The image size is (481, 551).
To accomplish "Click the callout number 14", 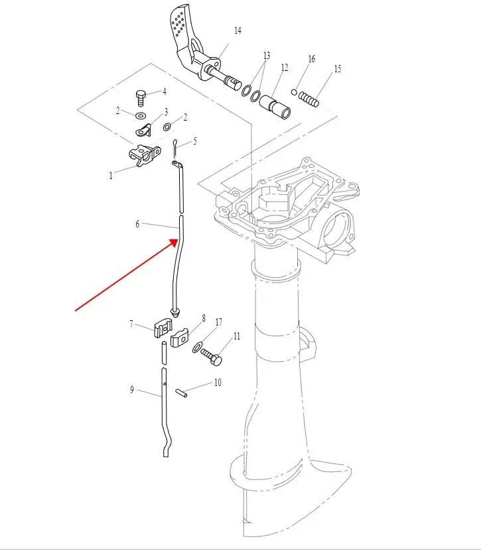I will pyautogui.click(x=238, y=31).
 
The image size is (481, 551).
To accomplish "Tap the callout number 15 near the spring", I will pyautogui.click(x=337, y=69).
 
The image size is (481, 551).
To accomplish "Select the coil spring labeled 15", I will pyautogui.click(x=309, y=98).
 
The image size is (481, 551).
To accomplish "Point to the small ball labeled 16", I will pyautogui.click(x=294, y=92).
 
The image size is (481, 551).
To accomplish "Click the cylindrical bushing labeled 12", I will pyautogui.click(x=276, y=106).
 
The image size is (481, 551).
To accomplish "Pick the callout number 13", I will pyautogui.click(x=267, y=55).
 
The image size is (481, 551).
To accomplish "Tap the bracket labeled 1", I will pyautogui.click(x=144, y=155).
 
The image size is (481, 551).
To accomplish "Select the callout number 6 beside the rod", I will pyautogui.click(x=138, y=224).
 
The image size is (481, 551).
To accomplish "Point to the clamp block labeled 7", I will pyautogui.click(x=164, y=327).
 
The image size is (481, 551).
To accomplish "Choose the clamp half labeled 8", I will pyautogui.click(x=180, y=338).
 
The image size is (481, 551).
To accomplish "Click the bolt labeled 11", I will pyautogui.click(x=213, y=358).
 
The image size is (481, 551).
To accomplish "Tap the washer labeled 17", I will pyautogui.click(x=198, y=347).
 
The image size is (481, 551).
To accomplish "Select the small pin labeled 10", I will pyautogui.click(x=183, y=394).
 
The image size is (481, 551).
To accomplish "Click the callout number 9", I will pyautogui.click(x=132, y=390).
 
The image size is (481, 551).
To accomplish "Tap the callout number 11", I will pyautogui.click(x=236, y=336).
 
